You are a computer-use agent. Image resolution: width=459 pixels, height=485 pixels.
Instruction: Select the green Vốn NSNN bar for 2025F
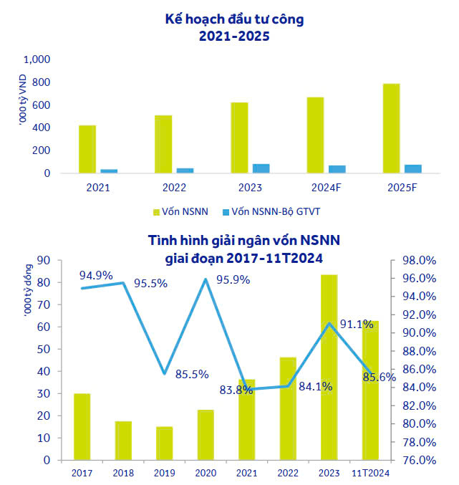coord(391,128)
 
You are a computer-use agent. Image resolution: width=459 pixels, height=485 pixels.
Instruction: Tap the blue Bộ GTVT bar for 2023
coord(261,168)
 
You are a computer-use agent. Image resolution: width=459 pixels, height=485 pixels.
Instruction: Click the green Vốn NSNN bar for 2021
coord(87,149)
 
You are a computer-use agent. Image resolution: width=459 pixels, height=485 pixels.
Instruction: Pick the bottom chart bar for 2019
coord(165,443)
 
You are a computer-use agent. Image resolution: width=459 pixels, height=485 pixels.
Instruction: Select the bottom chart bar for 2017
coord(82,426)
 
